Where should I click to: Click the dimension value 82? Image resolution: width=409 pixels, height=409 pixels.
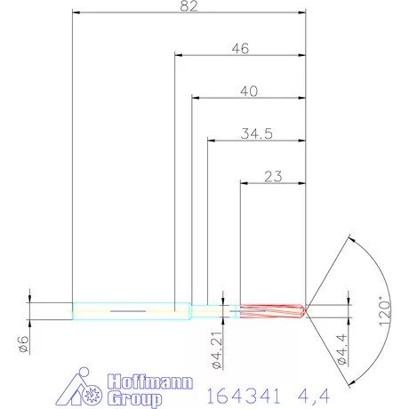click(x=188, y=6)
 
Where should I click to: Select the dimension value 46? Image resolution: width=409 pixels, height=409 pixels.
click(x=239, y=49)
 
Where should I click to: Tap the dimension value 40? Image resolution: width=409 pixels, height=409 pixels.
click(x=248, y=91)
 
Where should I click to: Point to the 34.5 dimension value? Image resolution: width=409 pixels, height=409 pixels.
click(x=256, y=133)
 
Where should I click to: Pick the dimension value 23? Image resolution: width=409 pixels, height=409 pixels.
click(x=273, y=176)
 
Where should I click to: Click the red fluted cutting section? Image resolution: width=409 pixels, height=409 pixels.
click(x=271, y=311)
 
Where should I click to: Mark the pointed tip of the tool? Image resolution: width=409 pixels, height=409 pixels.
click(x=308, y=311)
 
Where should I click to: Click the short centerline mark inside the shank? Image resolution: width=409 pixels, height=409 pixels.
click(x=128, y=311)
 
